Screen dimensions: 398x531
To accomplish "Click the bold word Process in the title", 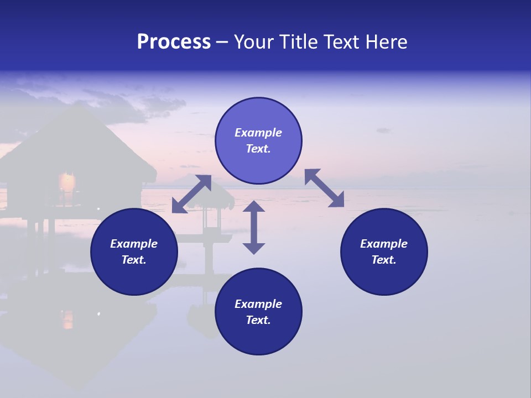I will tap(174, 42).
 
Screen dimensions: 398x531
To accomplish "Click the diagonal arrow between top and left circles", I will tap(191, 194).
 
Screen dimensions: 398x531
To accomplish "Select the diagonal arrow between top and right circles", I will tap(324, 188).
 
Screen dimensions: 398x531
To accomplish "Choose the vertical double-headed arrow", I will tap(254, 227).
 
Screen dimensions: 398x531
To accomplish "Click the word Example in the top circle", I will tap(258, 133).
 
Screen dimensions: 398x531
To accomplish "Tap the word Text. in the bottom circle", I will tap(258, 320).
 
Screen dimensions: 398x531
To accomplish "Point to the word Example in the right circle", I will tap(384, 244).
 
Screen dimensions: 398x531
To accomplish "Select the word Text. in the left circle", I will tap(134, 260).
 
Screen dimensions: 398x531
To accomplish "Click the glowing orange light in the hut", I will tap(67, 181).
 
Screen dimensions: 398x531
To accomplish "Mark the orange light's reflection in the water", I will tap(67, 319).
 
